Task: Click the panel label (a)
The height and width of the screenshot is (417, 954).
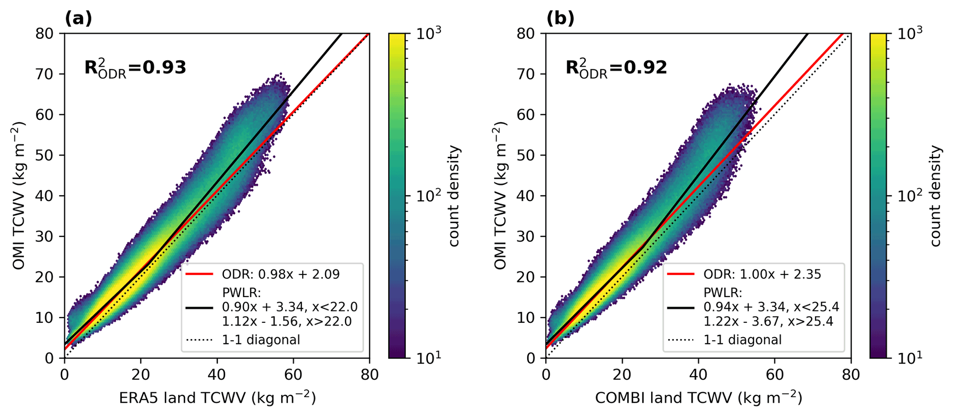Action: (x=78, y=18)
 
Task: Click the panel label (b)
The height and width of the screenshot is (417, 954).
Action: (x=560, y=18)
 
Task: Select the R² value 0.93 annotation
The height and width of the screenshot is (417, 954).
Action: (x=135, y=68)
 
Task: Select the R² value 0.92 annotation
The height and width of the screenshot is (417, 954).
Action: (x=616, y=68)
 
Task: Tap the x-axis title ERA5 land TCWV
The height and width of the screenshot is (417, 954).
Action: (x=217, y=398)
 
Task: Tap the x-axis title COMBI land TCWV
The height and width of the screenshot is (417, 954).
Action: (x=698, y=398)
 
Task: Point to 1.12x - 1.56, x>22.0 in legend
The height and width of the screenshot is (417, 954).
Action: (x=287, y=321)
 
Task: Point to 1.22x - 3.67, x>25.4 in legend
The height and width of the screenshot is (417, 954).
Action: (x=768, y=321)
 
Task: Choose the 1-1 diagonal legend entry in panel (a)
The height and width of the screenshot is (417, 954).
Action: (x=261, y=340)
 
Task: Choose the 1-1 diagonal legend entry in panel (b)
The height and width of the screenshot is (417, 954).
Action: (x=743, y=340)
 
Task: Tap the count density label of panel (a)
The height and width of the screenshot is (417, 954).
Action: (x=455, y=196)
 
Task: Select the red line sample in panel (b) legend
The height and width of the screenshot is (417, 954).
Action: (x=681, y=274)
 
